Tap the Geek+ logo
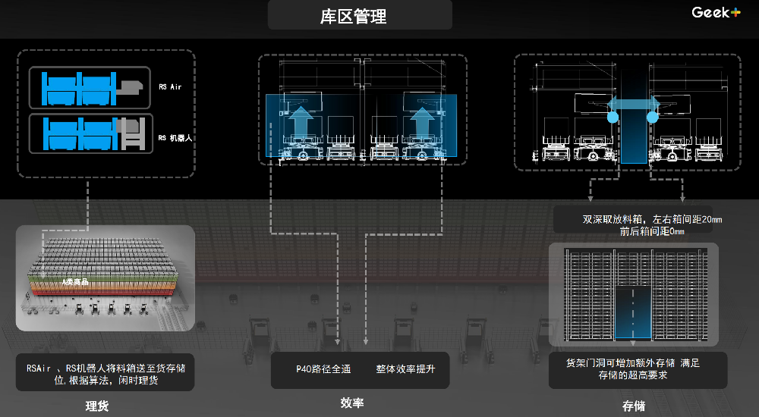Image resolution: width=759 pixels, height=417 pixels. point(716,12)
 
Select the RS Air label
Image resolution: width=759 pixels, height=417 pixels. point(170,87)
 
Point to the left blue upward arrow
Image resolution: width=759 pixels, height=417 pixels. point(302,122)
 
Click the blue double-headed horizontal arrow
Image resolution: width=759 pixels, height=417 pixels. point(631,104)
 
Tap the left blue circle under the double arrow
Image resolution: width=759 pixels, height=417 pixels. point(612,118)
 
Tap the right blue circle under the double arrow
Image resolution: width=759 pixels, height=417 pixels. point(651,118)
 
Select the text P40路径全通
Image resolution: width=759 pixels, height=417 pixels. point(323,369)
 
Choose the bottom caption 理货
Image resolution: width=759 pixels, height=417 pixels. point(97,405)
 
